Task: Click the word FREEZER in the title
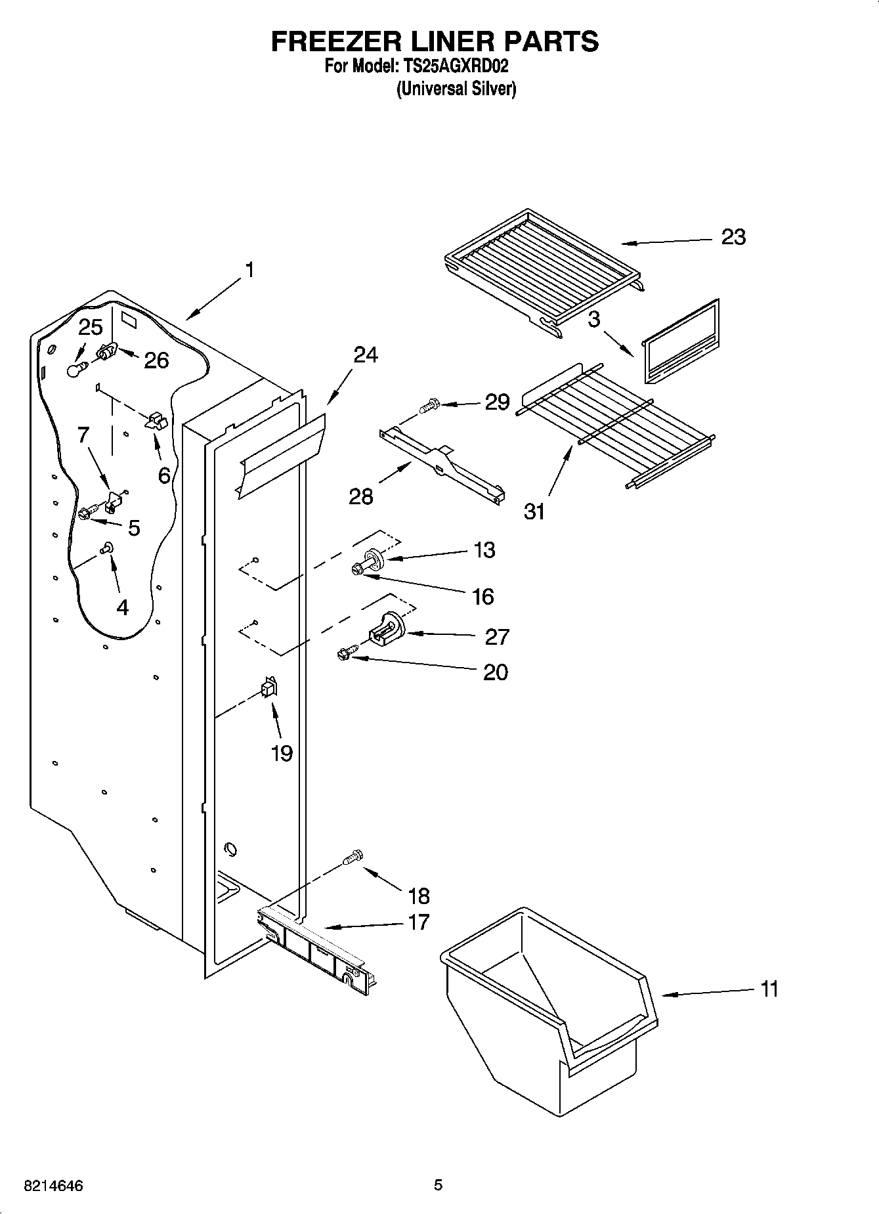333,41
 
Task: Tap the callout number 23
733,237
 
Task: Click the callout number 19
282,753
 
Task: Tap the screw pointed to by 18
353,857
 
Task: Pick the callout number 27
497,636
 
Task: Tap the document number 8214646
53,1186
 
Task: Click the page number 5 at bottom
438,1185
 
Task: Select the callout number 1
249,270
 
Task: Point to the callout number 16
482,596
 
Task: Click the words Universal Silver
456,89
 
